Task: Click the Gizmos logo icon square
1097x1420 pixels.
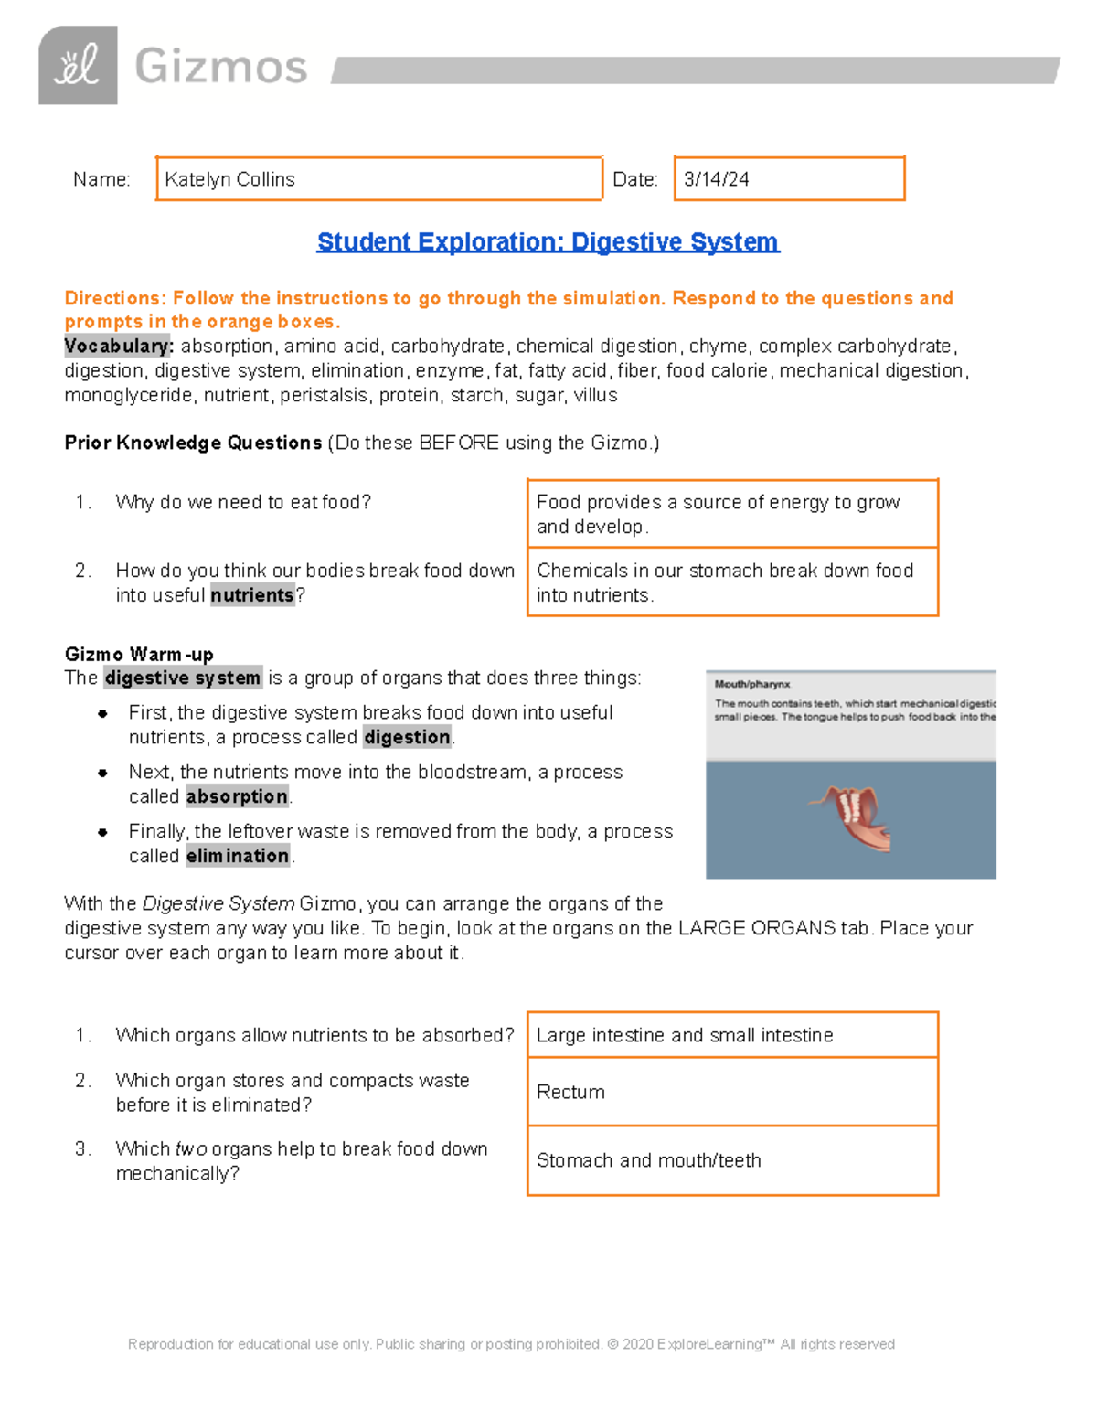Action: (78, 65)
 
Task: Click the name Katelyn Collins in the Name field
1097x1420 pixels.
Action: (229, 179)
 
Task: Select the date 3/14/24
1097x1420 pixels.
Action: (716, 179)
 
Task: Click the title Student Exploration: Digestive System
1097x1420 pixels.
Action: (548, 241)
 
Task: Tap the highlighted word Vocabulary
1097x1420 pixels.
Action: (118, 347)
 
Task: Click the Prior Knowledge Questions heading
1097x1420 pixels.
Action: (193, 443)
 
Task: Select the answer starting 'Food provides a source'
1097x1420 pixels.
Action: (718, 514)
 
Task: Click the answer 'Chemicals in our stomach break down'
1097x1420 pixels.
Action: (724, 582)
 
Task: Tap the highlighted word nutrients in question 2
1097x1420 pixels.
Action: (252, 595)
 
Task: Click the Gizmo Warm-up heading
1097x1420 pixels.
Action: (139, 654)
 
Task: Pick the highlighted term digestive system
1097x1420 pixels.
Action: (183, 678)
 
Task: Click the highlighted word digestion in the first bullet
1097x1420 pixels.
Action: (407, 737)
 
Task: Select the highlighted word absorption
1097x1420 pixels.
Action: (237, 796)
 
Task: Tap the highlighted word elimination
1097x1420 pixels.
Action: (238, 856)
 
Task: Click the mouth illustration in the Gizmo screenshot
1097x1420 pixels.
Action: (850, 817)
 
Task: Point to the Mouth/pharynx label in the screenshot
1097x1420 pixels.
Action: (752, 684)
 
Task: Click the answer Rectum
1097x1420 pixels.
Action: (570, 1092)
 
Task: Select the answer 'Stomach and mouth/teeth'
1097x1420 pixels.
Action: (648, 1160)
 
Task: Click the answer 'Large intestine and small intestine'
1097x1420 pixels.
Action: (685, 1035)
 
